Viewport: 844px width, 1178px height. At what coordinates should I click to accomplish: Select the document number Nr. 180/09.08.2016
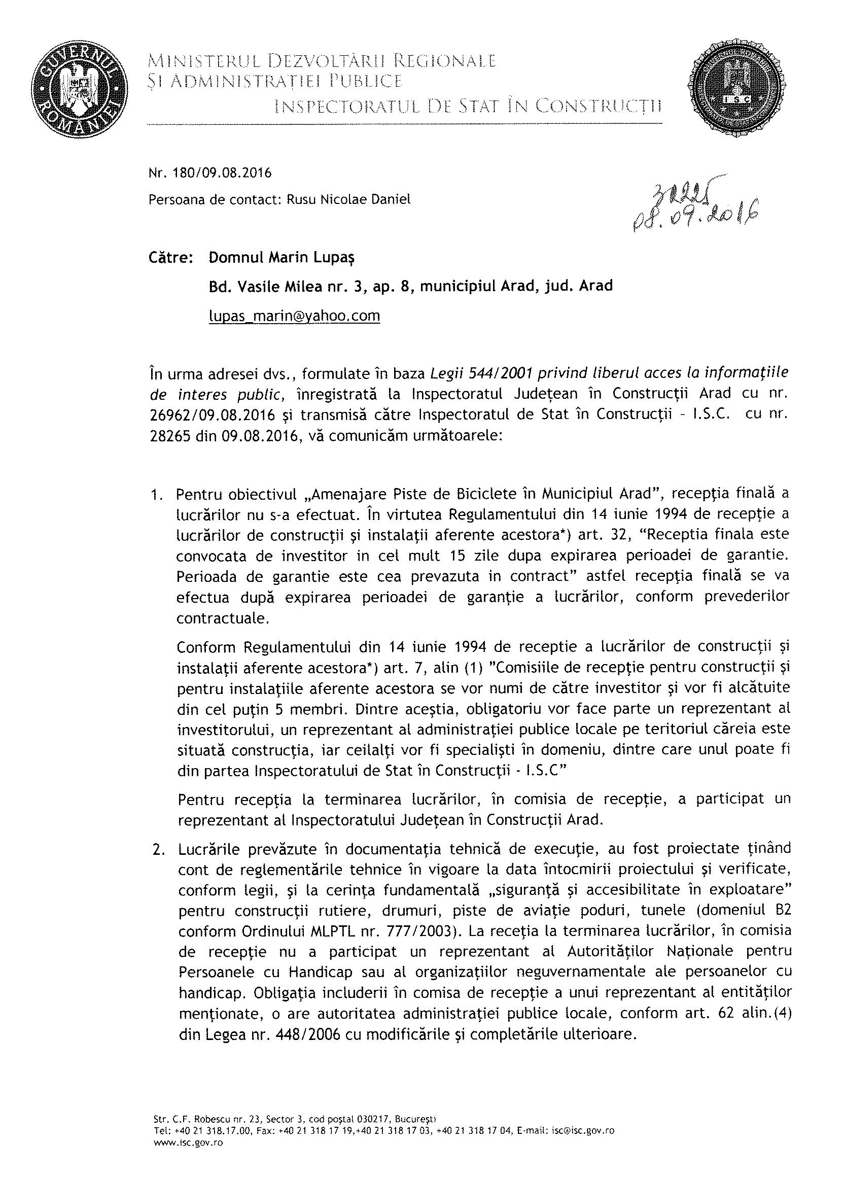(x=210, y=173)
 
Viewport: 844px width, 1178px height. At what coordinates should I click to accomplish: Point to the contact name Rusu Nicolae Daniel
(x=348, y=199)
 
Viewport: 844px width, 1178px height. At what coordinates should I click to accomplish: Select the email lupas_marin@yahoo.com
(x=294, y=316)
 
